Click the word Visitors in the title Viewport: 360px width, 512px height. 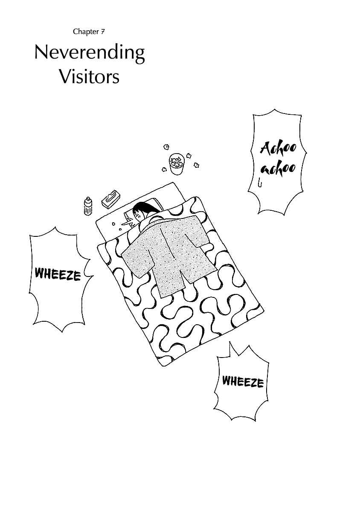pyautogui.click(x=90, y=77)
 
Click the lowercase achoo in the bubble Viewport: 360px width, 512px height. pyautogui.click(x=279, y=169)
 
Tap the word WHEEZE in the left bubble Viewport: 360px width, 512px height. pyautogui.click(x=58, y=274)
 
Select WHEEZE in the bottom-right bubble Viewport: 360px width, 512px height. pyautogui.click(x=243, y=382)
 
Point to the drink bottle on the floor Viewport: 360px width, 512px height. pyautogui.click(x=88, y=206)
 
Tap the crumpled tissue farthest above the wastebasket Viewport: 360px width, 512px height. pyautogui.click(x=166, y=146)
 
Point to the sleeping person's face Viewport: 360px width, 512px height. pyautogui.click(x=138, y=216)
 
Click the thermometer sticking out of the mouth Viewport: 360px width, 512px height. pyautogui.click(x=128, y=222)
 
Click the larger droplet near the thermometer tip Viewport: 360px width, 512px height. pyautogui.click(x=113, y=224)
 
